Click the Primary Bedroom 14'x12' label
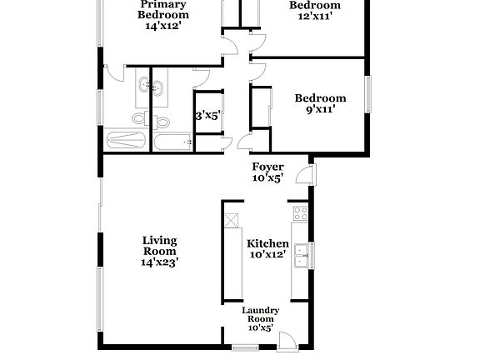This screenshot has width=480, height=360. (162, 15)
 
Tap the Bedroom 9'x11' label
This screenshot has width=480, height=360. (320, 104)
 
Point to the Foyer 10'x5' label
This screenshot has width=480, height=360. (267, 172)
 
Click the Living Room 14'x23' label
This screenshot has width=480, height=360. (159, 251)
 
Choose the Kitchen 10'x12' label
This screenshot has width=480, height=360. (267, 248)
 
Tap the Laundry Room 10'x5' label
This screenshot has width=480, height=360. (260, 319)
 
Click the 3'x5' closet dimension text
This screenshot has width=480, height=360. (207, 117)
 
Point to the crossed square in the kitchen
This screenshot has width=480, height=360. (231, 220)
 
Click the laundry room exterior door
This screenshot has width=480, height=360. (286, 341)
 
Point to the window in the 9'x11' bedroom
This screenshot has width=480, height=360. (367, 91)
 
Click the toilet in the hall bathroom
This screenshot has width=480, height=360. (162, 122)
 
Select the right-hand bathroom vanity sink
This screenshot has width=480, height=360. (157, 84)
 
